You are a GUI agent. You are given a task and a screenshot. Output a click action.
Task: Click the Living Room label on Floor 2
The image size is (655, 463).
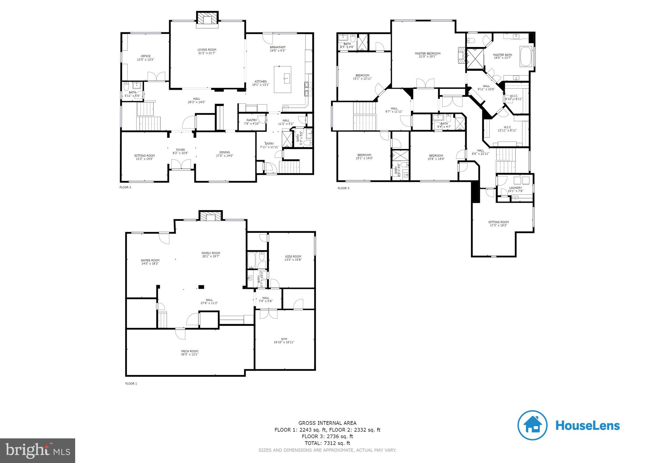[x=207, y=51]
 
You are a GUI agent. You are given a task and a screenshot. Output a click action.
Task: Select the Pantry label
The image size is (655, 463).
[x=252, y=122]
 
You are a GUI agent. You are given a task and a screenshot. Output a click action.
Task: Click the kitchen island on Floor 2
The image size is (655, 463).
[x=283, y=79]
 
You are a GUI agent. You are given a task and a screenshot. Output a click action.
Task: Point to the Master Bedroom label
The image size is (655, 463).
[x=427, y=55]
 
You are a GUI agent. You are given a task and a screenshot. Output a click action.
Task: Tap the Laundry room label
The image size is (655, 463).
[x=515, y=189]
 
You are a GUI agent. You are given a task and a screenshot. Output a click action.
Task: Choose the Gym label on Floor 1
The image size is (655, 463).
[x=284, y=341]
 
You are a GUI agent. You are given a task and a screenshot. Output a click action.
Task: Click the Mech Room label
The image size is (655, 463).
[x=190, y=353]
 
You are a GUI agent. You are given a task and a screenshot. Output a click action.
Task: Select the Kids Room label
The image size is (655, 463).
[x=293, y=258]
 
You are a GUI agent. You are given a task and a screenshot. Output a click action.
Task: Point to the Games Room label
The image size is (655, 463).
[x=150, y=262]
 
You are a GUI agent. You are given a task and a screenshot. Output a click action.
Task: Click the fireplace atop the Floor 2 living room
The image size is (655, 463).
[x=208, y=19]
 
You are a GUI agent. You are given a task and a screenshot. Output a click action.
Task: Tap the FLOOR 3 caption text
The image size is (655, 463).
[x=343, y=188]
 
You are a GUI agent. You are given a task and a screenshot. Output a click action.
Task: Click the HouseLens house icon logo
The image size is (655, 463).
[x=532, y=426]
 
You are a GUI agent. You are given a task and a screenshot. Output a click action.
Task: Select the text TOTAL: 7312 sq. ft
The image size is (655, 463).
[x=327, y=443]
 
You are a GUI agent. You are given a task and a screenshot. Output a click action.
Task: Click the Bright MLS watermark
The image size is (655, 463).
[x=37, y=451]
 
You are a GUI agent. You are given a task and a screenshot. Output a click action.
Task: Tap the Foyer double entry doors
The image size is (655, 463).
[x=181, y=165]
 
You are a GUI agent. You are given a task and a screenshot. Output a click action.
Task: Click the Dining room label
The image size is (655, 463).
[x=225, y=154]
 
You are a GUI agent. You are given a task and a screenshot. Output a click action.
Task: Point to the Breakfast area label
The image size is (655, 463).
[x=278, y=49]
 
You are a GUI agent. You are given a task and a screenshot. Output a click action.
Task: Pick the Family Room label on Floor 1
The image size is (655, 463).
[x=211, y=255]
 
